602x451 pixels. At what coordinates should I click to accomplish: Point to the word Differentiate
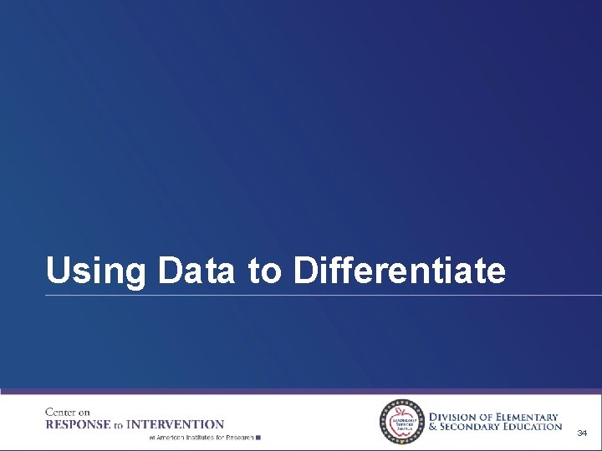[x=400, y=271]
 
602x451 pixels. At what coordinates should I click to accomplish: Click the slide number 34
[x=582, y=433]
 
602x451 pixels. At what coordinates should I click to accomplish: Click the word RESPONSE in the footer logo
[x=78, y=424]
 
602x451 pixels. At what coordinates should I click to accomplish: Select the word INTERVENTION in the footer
[x=175, y=424]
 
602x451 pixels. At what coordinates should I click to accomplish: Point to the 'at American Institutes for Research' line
[x=201, y=437]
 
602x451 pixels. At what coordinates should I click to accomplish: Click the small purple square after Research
[x=259, y=437]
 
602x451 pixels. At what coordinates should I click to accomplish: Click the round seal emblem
[x=403, y=422]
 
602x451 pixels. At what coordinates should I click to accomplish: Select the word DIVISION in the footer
[x=457, y=417]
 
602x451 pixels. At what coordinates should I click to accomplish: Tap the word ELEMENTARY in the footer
[x=526, y=417]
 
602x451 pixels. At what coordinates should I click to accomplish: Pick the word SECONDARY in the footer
[x=471, y=427]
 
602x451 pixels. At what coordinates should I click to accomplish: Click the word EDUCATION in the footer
[x=533, y=427]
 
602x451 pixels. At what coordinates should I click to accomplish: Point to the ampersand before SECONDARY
[x=432, y=427]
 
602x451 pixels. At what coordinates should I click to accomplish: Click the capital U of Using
[x=57, y=271]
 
